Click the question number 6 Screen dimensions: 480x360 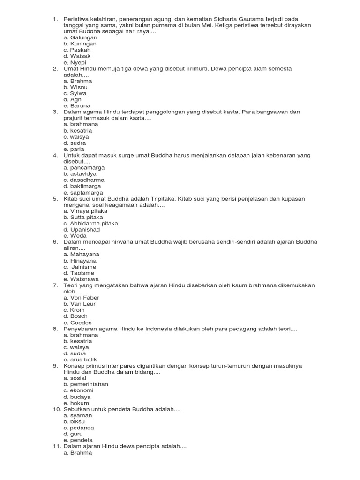[55, 242]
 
